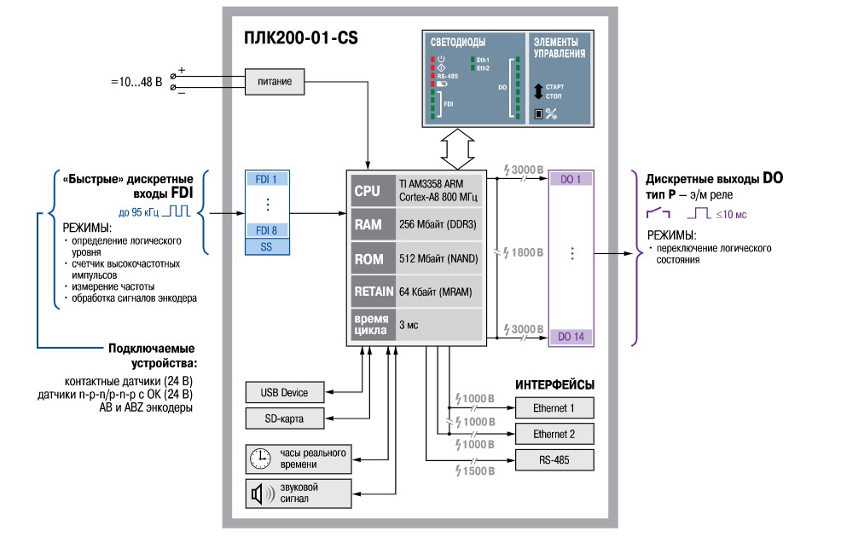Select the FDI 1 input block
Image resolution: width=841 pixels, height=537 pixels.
(266, 180)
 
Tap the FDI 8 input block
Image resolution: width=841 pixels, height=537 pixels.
(266, 231)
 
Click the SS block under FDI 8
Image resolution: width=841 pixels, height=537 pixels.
(266, 246)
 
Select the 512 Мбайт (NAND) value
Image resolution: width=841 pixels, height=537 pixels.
(438, 258)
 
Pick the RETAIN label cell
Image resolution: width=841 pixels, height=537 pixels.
(373, 292)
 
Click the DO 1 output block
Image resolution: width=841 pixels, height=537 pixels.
(571, 179)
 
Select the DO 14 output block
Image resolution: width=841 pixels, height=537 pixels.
(571, 337)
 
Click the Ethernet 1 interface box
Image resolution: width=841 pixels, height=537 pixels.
(554, 407)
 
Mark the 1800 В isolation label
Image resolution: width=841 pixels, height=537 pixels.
(524, 253)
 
